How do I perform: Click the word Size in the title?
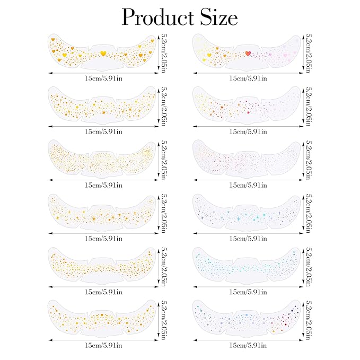point(217,17)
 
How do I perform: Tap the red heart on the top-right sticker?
point(248,53)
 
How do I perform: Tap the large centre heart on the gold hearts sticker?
point(103,53)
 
